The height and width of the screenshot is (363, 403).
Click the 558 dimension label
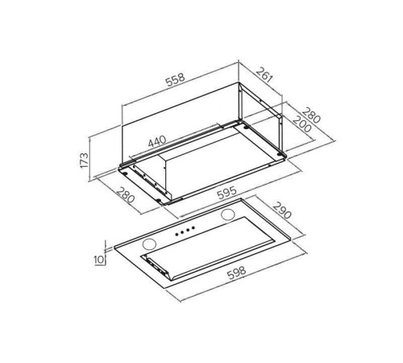pos(175,79)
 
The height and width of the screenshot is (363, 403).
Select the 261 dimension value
pos(264,74)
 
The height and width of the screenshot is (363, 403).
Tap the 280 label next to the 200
pos(311,115)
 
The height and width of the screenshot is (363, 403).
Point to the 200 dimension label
pos(301,124)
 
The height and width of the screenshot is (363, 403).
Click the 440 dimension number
pos(157,141)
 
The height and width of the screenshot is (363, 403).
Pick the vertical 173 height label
pos(84,161)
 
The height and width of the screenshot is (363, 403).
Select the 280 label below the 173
pos(125,194)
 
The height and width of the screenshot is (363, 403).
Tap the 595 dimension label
pos(227,193)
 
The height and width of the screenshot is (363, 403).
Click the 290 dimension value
pos(282,211)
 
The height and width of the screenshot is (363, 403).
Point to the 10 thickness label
pos(98,260)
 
